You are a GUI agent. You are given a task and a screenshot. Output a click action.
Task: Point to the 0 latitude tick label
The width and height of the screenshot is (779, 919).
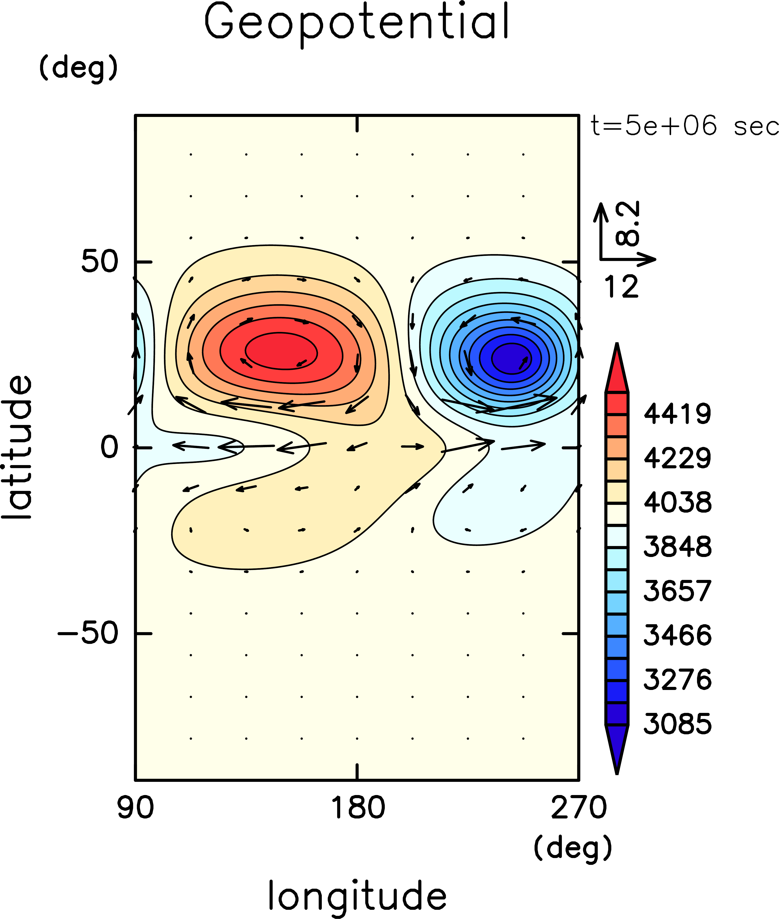[x=109, y=447]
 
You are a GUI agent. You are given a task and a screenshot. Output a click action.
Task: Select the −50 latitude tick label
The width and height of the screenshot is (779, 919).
[x=88, y=633]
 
